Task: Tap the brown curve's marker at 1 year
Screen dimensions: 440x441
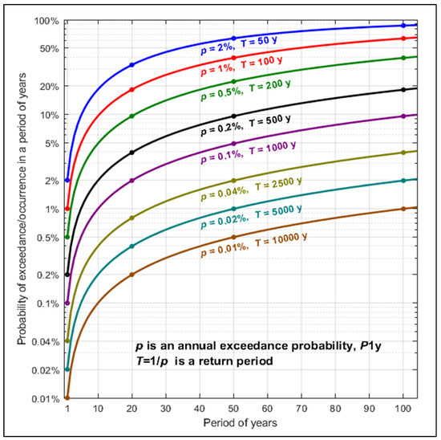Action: (x=67, y=397)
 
